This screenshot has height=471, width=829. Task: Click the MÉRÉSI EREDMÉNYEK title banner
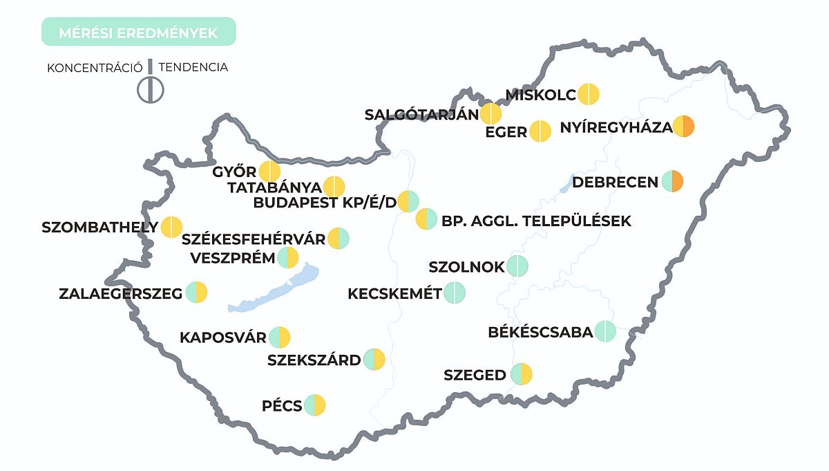(x=138, y=32)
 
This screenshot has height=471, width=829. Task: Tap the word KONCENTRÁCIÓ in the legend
(x=95, y=68)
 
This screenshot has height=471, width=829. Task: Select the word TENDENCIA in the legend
(x=193, y=68)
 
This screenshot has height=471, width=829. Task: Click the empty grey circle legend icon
(x=150, y=89)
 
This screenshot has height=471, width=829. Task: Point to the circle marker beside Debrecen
(x=673, y=181)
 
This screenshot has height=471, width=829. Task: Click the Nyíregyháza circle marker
(x=683, y=127)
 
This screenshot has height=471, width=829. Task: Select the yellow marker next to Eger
(x=540, y=131)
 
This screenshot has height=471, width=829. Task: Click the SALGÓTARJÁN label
(x=421, y=115)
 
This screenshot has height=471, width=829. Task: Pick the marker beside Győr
(x=269, y=172)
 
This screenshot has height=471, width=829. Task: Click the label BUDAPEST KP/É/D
(x=325, y=203)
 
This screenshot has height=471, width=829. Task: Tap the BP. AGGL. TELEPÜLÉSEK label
(x=536, y=221)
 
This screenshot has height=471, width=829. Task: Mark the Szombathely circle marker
(x=171, y=227)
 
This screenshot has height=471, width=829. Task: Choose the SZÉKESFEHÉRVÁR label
(x=254, y=240)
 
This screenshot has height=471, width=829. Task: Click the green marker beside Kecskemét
(x=455, y=293)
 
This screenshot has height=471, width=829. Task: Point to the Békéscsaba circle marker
(x=604, y=331)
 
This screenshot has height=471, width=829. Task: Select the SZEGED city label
(x=475, y=376)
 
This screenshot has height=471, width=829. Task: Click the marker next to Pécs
(x=314, y=405)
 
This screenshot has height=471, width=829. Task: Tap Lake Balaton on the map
(x=276, y=290)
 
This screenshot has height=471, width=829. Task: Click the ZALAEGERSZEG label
(x=121, y=294)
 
